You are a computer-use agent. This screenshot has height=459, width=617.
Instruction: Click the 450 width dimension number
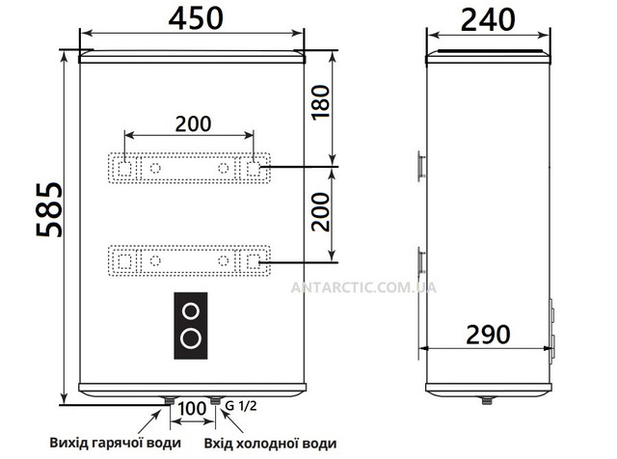tap(196, 18)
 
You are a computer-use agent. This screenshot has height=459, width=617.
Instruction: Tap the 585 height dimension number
tap(49, 209)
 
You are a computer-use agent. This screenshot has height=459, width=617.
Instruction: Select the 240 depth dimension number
tap(488, 20)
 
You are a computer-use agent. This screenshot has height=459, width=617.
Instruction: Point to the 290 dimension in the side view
tap(488, 335)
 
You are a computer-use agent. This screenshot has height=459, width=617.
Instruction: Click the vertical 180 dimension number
tap(320, 102)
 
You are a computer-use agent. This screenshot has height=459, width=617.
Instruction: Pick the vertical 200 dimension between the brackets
tap(320, 212)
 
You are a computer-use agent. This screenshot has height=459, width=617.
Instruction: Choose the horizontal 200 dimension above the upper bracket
tap(193, 123)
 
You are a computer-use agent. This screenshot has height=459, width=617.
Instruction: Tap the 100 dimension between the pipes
tap(192, 409)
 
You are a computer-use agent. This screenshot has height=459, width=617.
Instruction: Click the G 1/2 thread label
tap(240, 405)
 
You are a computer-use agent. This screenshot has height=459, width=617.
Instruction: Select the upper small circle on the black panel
tap(191, 311)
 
